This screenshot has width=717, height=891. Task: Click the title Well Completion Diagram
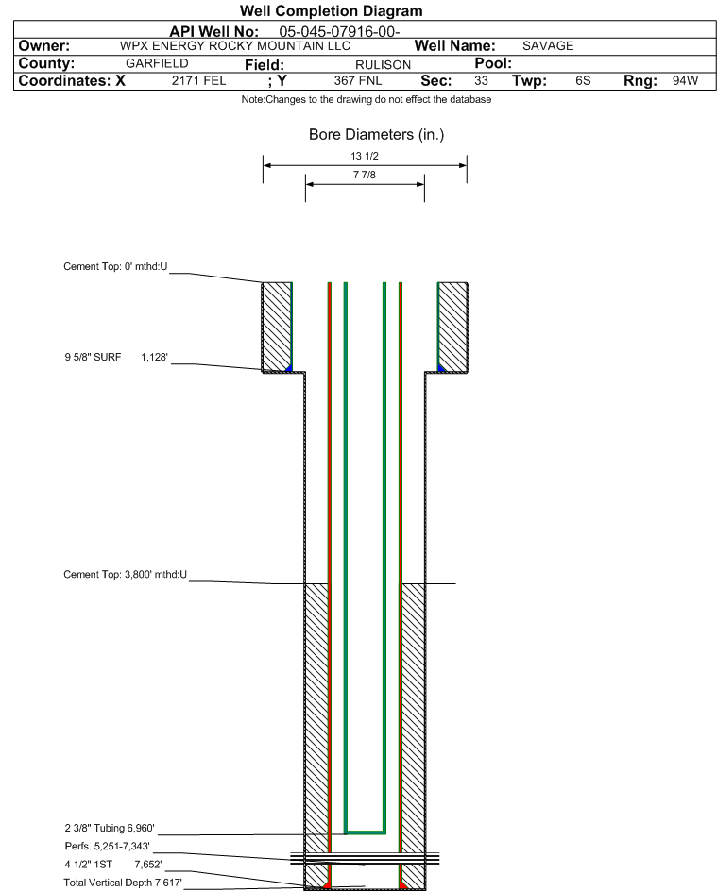[x=331, y=11]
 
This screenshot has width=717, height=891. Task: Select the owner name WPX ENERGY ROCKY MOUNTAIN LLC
[x=235, y=46]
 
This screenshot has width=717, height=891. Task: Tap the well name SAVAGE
[x=548, y=46]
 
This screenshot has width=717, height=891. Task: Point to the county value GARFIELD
[x=157, y=63]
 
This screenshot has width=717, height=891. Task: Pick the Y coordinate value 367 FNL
[x=358, y=81]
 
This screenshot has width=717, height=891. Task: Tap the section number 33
[x=481, y=81]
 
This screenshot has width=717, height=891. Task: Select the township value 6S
[x=583, y=81]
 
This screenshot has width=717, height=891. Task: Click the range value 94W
[x=685, y=81]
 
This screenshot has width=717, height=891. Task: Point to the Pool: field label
[x=492, y=63]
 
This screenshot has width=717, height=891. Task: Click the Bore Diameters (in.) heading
[x=376, y=135]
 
